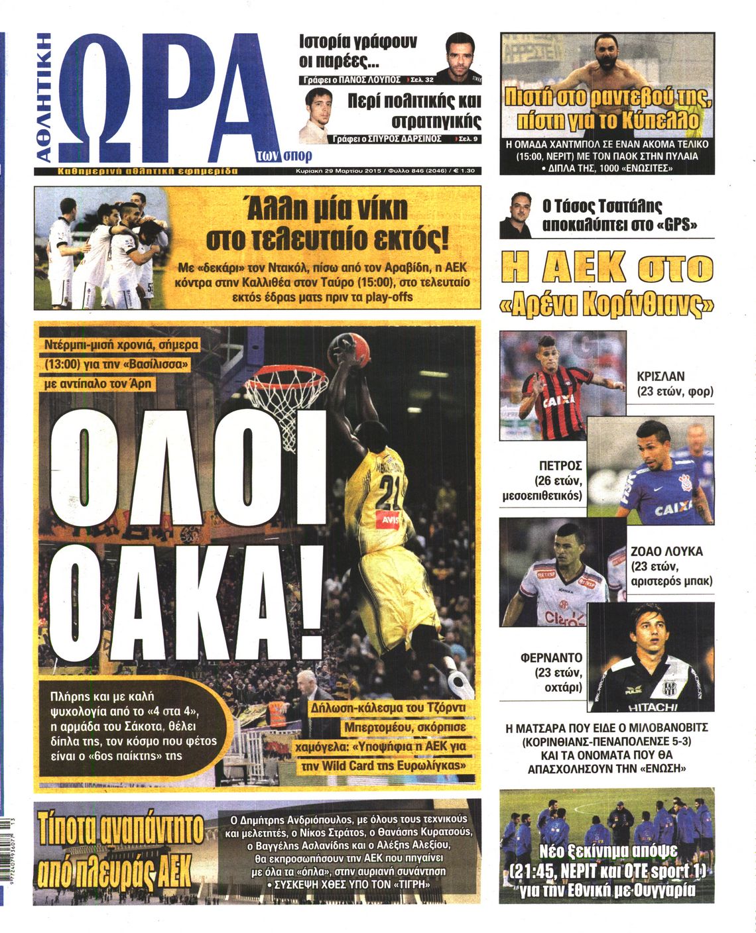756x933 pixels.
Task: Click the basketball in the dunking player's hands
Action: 350,349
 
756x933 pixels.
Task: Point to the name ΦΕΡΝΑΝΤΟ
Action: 551,658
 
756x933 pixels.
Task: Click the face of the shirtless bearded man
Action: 605,52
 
